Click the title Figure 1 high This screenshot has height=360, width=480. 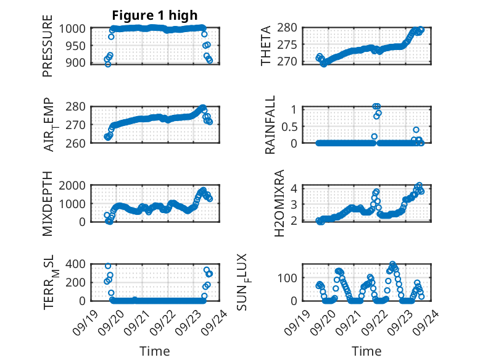tap(155, 15)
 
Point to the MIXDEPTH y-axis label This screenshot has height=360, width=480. tap(48, 203)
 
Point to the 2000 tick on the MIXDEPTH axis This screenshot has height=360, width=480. tap(73, 186)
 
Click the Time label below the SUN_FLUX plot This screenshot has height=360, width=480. tap(366, 351)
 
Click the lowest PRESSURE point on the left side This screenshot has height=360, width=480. tap(108, 64)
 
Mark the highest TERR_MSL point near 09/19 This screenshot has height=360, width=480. tap(108, 266)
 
